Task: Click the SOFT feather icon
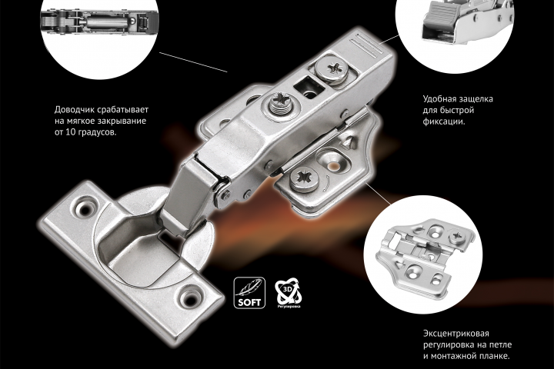point(249,293)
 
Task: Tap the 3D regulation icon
point(288,293)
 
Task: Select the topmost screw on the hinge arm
point(332,69)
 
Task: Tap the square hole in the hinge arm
point(307,88)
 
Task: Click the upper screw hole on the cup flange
point(85,208)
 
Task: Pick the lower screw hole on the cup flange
point(191,299)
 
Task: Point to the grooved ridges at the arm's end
point(368,45)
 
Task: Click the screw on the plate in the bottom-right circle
point(457,236)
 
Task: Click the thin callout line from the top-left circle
point(193,62)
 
